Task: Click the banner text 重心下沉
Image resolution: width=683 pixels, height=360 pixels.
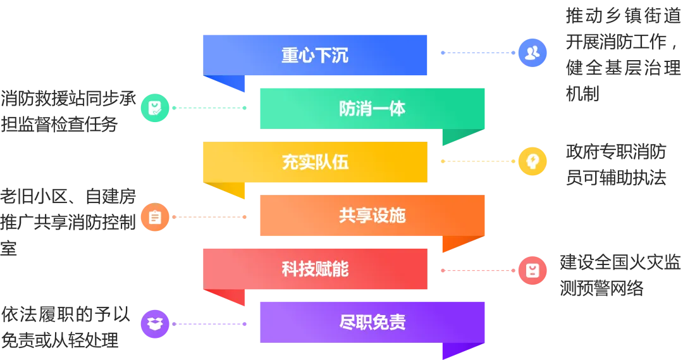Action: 315,56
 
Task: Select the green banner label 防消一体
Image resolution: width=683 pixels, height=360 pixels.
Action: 372,109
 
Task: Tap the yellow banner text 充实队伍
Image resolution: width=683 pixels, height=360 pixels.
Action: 315,163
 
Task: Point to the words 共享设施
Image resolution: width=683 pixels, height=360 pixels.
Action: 372,216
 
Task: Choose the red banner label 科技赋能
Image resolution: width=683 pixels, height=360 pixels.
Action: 315,270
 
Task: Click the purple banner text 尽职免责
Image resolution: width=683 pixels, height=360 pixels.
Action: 372,323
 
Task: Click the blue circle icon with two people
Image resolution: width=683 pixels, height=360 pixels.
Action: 532,53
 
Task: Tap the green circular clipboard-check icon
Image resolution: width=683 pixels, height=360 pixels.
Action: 154,108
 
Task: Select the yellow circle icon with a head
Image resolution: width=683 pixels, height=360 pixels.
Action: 532,161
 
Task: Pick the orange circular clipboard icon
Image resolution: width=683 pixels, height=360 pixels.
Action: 154,217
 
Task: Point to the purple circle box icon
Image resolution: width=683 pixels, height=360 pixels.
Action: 154,324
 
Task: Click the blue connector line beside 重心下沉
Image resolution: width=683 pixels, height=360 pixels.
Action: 477,53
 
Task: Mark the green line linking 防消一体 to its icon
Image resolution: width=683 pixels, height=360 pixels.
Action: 209,108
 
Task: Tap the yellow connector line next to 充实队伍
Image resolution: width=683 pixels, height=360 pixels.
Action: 477,161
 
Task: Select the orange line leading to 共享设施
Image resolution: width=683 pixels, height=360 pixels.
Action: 209,217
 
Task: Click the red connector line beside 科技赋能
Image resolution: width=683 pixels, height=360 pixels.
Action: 477,271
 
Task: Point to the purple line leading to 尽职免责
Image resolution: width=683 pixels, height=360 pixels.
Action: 209,324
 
